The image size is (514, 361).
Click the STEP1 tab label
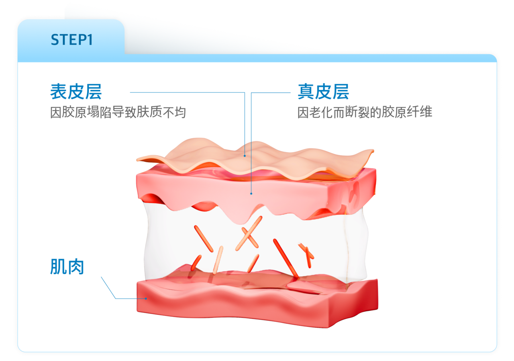(71, 40)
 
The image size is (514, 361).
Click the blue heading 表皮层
(76, 92)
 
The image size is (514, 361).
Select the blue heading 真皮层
(323, 92)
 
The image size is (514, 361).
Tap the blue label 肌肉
(67, 267)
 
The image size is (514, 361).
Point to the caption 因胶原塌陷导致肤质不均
(118, 112)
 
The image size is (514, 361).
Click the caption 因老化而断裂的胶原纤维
(365, 112)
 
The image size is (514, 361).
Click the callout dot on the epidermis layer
(245, 156)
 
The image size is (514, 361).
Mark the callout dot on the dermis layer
(251, 193)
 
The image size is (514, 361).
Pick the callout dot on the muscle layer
(146, 298)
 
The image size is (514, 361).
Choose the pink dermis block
(257, 189)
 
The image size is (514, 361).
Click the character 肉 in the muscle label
(75, 267)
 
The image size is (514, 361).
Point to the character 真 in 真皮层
(306, 92)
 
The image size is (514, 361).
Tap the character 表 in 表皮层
(59, 92)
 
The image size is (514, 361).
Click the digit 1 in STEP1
(89, 40)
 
